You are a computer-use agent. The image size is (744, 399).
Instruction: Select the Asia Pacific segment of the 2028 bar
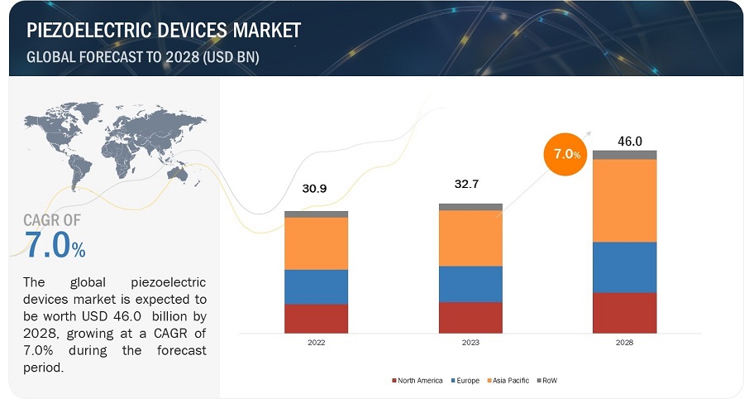tap(625, 199)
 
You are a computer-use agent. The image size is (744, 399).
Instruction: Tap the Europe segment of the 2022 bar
tap(316, 286)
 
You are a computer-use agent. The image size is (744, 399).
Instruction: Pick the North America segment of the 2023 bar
tap(470, 317)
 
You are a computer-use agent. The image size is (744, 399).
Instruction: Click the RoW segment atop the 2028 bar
tap(625, 155)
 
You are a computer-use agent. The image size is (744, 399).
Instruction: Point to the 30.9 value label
tap(316, 190)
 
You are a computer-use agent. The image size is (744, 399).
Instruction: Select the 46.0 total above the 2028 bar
tap(630, 142)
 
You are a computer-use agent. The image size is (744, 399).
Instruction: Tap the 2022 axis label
tap(316, 342)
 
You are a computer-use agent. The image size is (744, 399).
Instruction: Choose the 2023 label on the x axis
tap(470, 342)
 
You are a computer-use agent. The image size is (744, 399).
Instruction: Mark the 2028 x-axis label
tap(625, 342)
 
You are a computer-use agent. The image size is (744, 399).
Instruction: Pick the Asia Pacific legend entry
tap(508, 380)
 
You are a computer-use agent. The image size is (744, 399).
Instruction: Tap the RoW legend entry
tap(548, 380)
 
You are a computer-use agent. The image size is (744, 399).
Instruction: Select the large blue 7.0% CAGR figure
tap(55, 245)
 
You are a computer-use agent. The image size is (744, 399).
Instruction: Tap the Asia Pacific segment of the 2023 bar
tap(470, 238)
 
